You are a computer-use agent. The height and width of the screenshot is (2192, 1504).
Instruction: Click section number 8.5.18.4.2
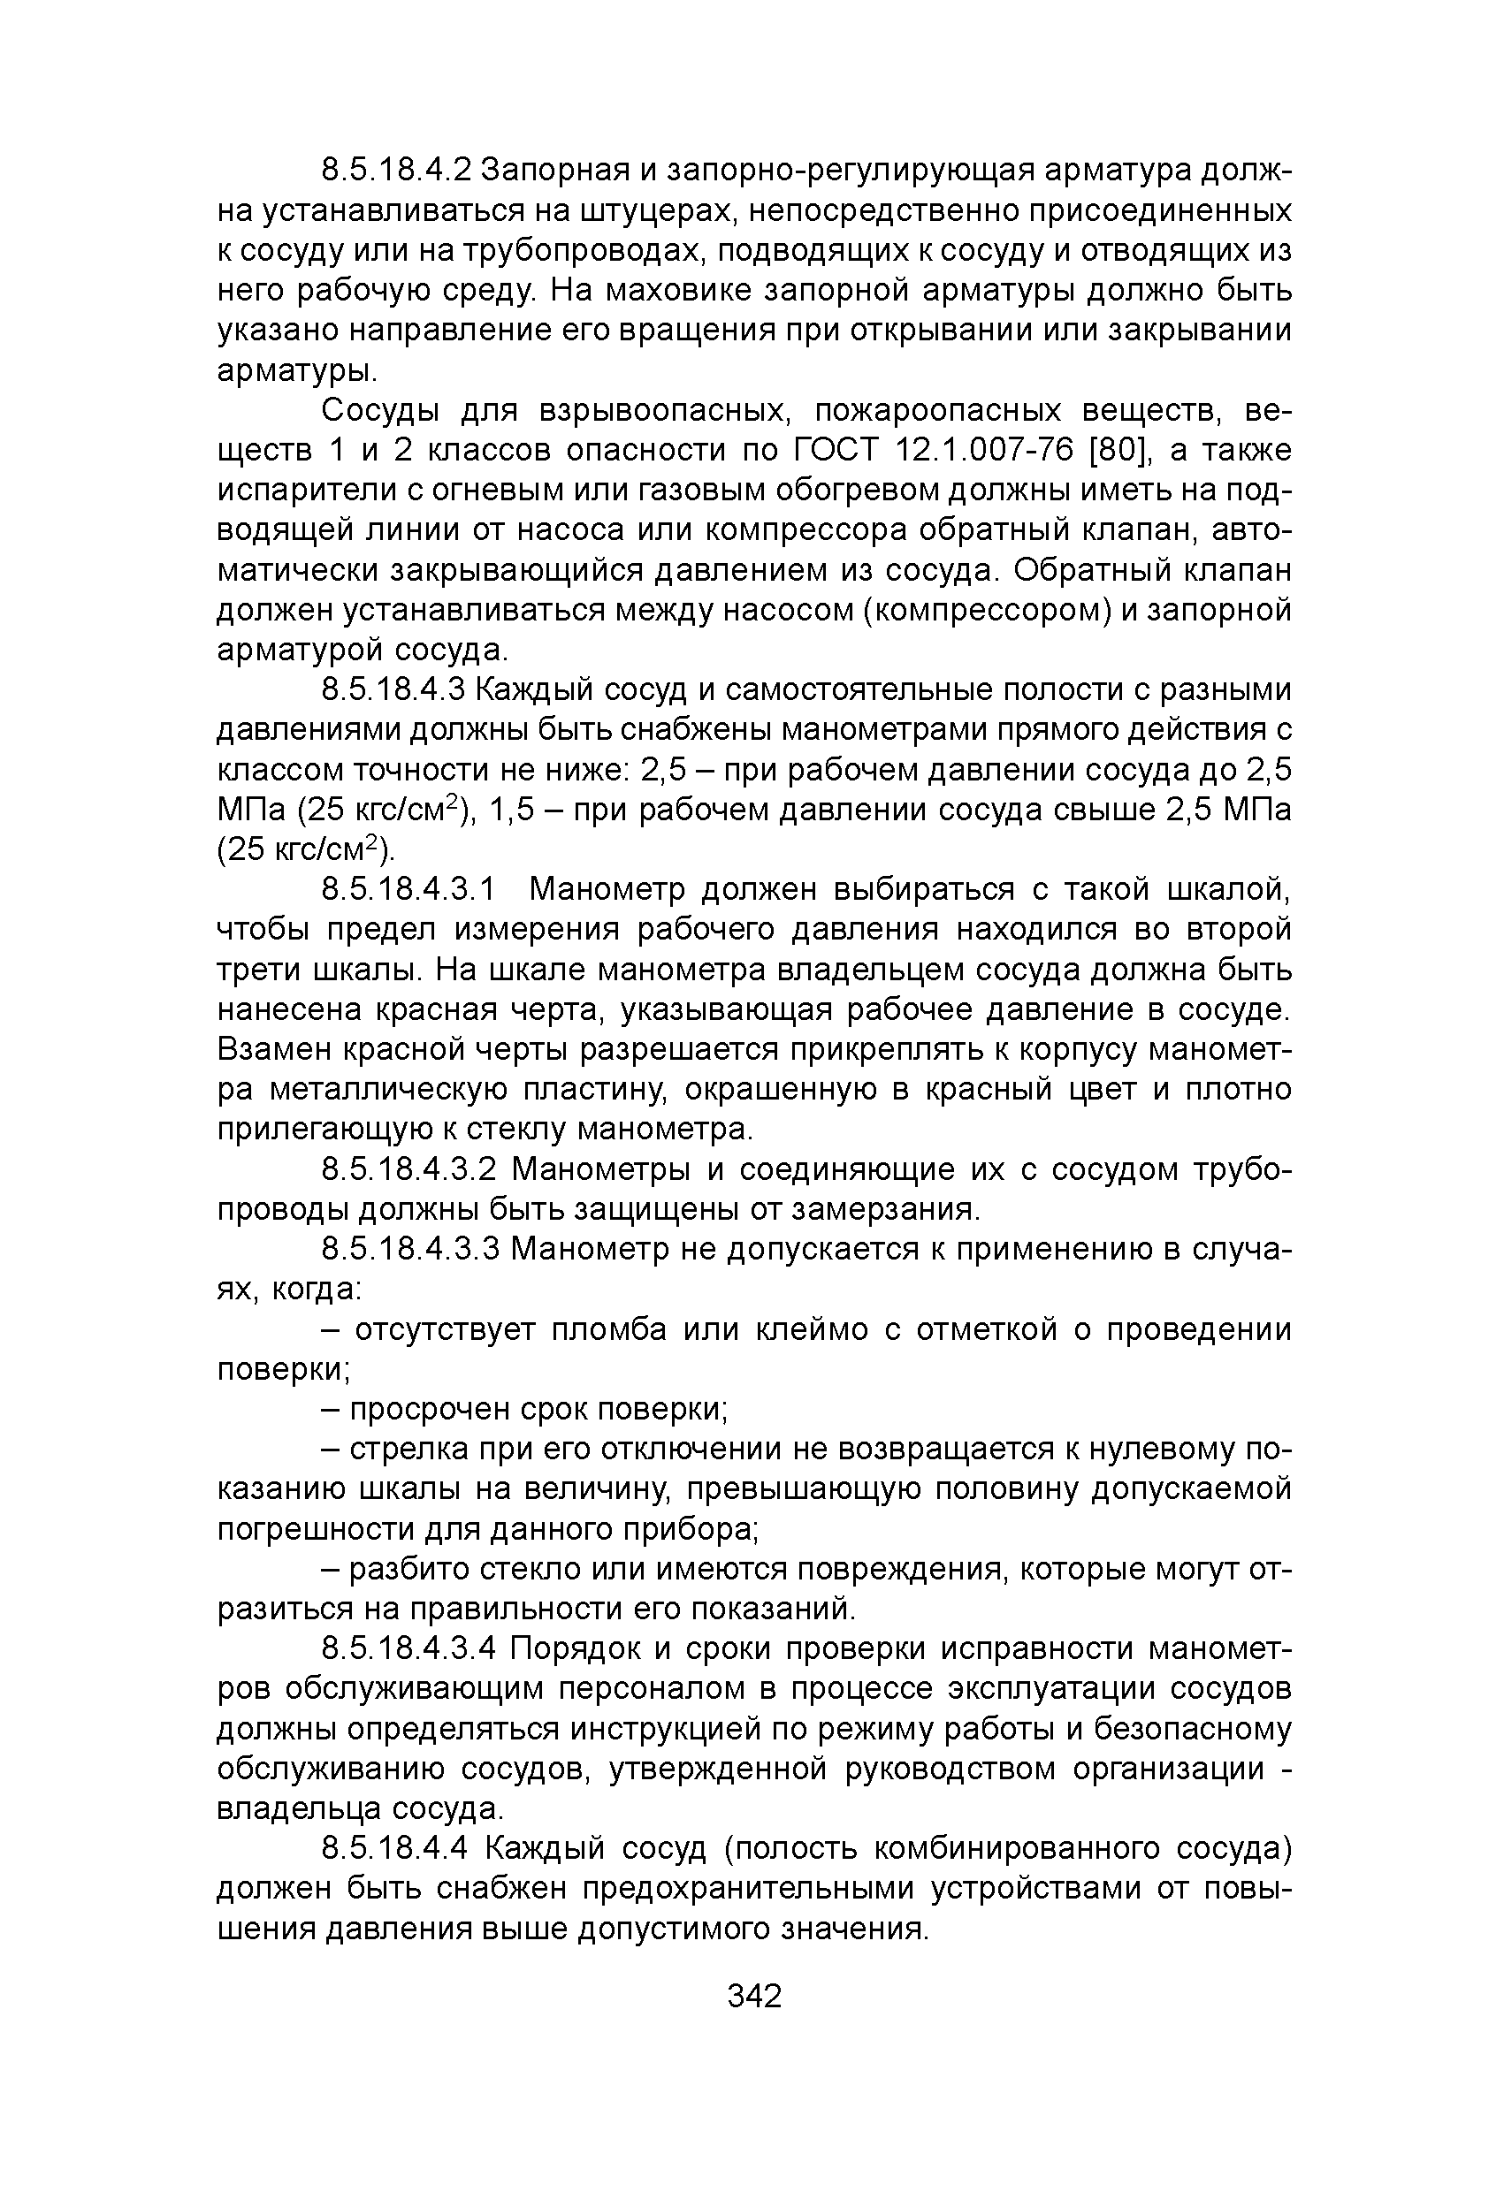tap(396, 171)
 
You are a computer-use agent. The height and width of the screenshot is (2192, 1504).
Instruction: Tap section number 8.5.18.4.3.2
tap(408, 1169)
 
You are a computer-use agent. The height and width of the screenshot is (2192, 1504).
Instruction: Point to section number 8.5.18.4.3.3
tap(408, 1249)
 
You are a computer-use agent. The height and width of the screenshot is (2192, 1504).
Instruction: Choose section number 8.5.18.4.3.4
tap(408, 1648)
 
